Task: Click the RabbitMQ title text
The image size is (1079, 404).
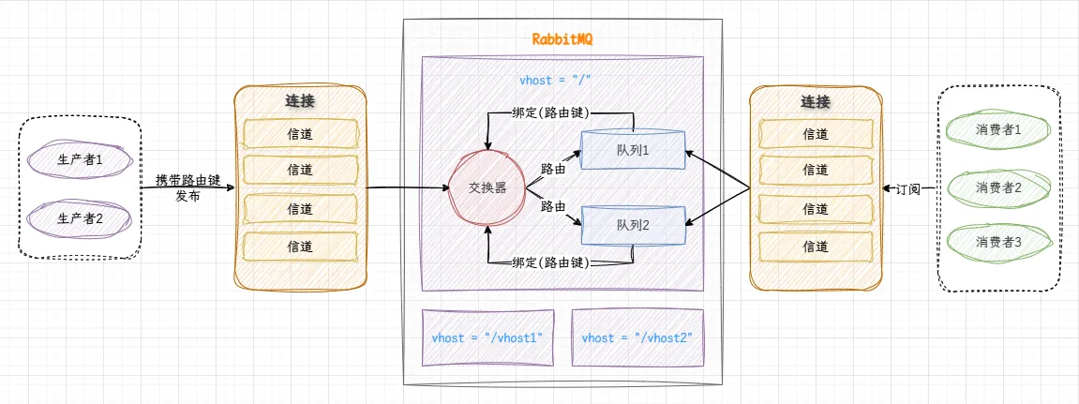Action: tap(562, 40)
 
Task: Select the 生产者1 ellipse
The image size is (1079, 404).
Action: tap(79, 158)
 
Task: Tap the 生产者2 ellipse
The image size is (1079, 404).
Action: tap(79, 218)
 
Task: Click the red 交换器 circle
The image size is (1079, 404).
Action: tap(487, 187)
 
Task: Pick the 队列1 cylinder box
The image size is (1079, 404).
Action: tap(633, 150)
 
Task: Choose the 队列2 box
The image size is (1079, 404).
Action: tap(633, 225)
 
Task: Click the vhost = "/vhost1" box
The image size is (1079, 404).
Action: tap(487, 337)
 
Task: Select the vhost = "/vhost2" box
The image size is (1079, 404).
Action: tap(637, 337)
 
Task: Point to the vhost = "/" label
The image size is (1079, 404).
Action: tap(555, 82)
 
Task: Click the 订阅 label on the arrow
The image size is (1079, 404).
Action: tap(907, 188)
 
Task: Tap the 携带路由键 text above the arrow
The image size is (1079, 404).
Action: tap(187, 180)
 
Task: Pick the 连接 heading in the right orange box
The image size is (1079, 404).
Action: tap(816, 101)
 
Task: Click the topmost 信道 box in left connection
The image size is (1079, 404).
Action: tap(300, 134)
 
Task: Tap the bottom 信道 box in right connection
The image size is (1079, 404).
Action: tap(816, 247)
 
